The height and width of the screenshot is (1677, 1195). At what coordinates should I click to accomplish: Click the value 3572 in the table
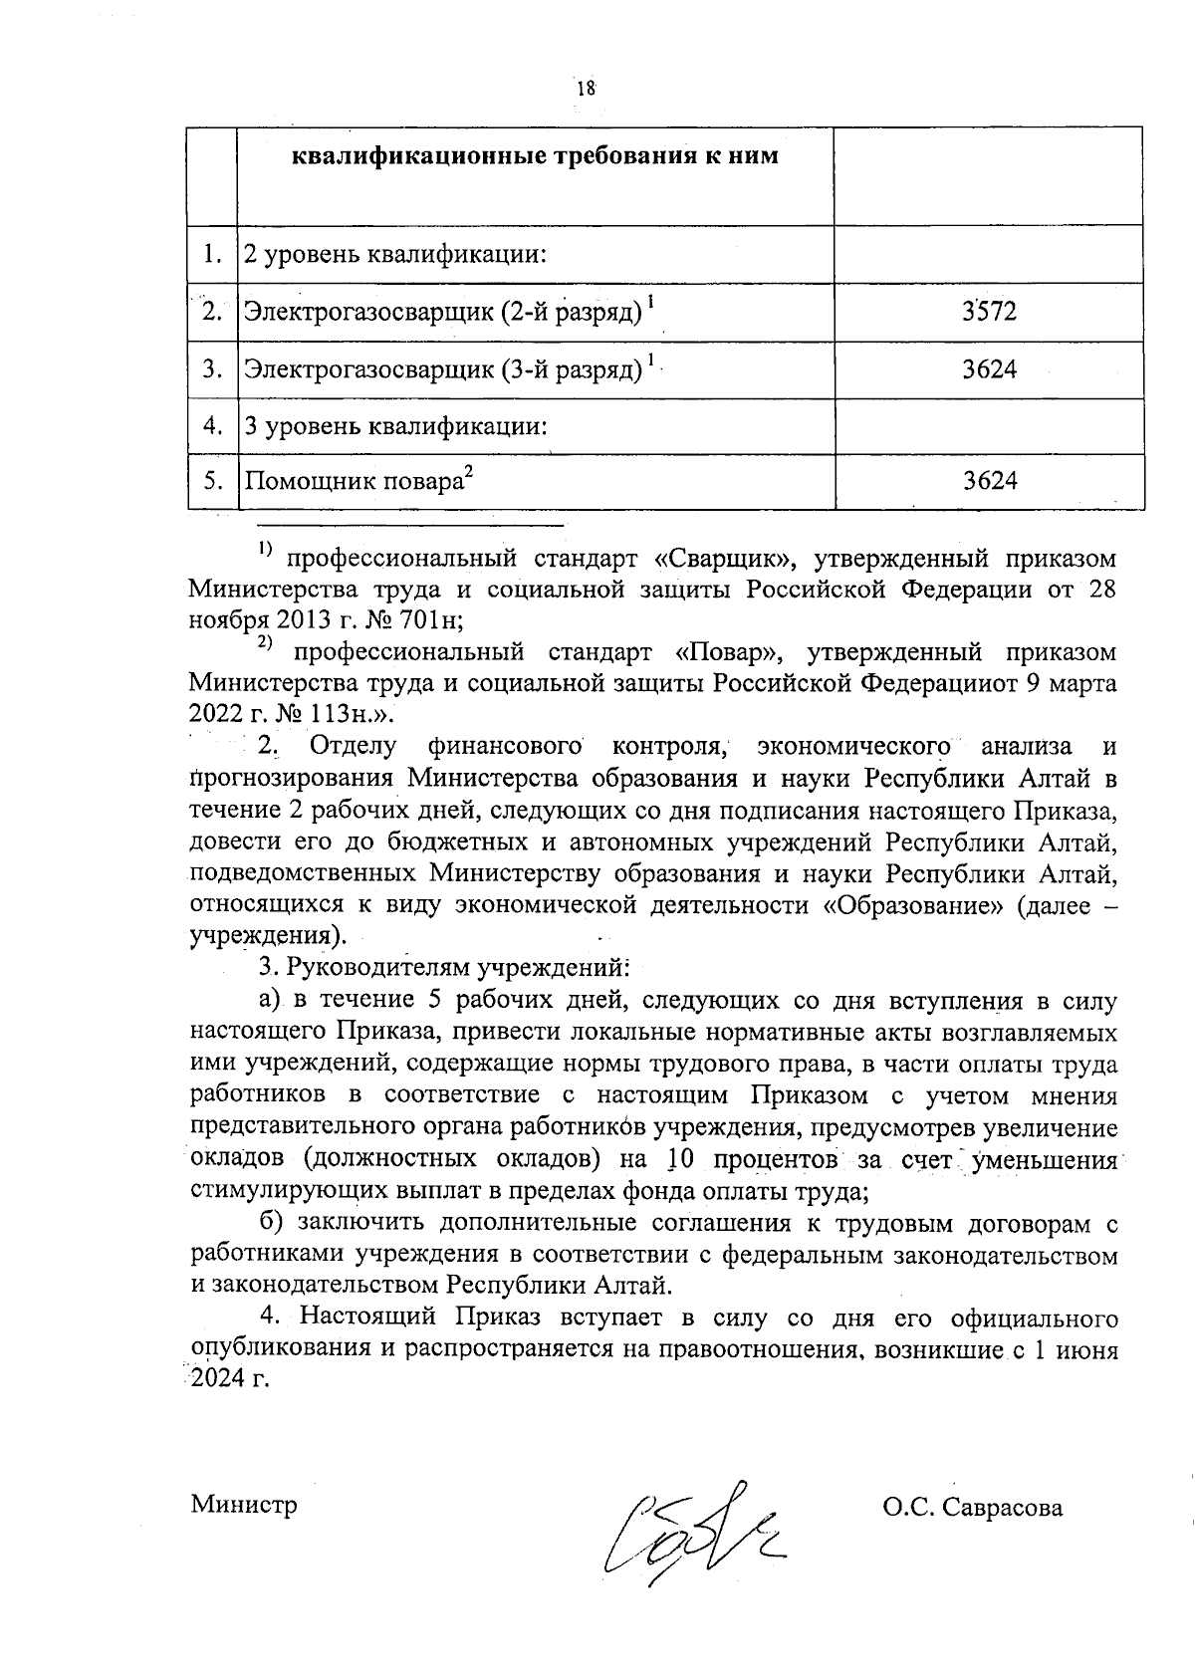(989, 313)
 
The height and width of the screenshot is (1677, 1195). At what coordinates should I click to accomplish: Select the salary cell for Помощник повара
(989, 482)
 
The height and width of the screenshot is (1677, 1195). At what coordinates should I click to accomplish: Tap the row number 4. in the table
(212, 426)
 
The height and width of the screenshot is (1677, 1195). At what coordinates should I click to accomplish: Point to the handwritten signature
(697, 1519)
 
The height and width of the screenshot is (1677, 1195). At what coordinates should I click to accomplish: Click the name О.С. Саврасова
(972, 1507)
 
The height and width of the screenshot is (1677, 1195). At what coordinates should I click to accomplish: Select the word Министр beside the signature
(244, 1505)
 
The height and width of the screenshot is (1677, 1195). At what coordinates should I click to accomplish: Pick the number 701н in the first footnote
(430, 621)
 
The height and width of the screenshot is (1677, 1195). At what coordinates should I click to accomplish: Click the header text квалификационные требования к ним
(534, 157)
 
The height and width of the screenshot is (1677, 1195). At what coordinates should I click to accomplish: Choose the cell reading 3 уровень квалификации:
(396, 427)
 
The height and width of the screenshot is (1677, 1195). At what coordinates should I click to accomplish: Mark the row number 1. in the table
(212, 255)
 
